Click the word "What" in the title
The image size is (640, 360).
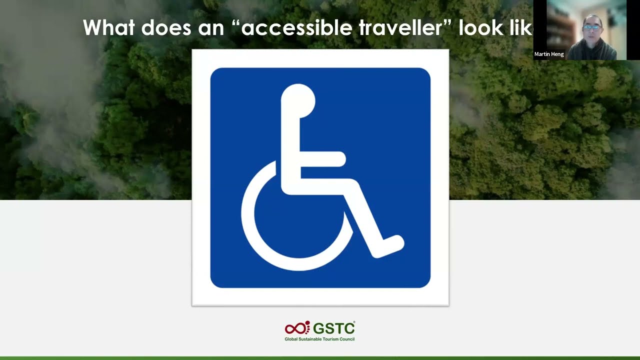point(108,27)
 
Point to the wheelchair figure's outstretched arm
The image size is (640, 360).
point(322,159)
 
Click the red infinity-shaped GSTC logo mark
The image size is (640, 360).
point(297,328)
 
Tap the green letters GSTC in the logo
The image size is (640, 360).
point(334,328)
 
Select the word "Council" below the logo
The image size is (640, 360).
point(346,339)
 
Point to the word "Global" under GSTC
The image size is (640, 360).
point(291,339)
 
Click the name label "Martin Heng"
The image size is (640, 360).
point(549,54)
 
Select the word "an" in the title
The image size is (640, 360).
point(210,27)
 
